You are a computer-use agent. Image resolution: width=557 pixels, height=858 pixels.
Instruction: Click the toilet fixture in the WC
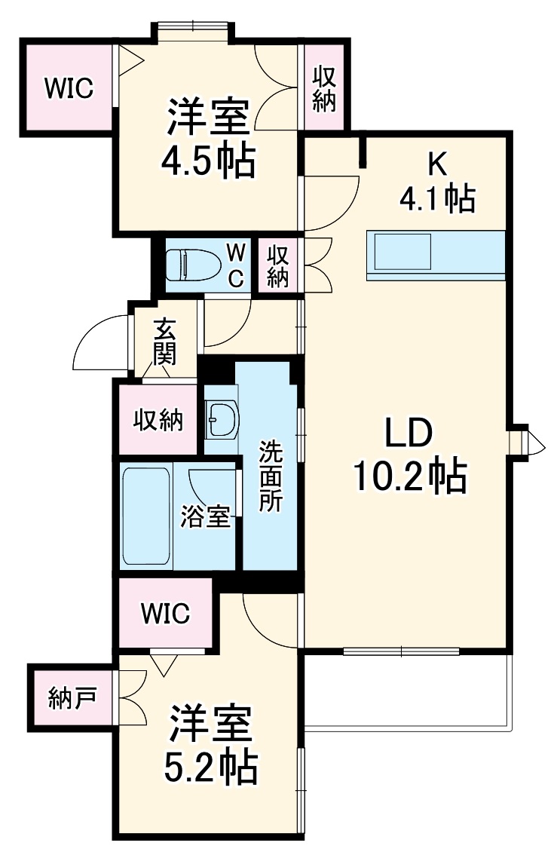point(191,266)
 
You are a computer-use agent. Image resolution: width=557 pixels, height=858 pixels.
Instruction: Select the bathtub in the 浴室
point(146,516)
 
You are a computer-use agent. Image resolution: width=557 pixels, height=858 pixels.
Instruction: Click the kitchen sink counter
point(435,254)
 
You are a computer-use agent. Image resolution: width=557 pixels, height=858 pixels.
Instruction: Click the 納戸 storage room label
point(72,698)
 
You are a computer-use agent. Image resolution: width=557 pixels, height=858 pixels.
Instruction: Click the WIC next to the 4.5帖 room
point(68,88)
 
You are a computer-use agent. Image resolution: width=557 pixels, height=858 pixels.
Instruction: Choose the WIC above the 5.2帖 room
point(165,613)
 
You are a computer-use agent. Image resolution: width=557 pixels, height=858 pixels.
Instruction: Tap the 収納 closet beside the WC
point(278,265)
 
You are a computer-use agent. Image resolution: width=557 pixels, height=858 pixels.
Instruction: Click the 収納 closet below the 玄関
point(158,420)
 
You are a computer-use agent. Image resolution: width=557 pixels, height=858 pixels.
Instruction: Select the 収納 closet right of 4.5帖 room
point(324,88)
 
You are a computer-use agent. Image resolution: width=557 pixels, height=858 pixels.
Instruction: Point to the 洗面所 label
point(270,476)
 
